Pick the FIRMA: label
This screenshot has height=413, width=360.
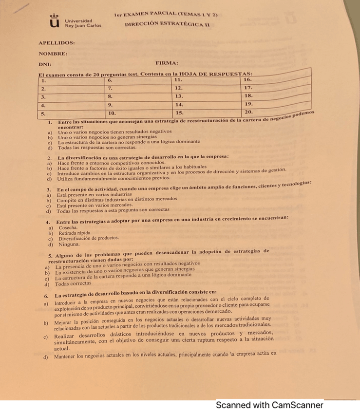166,63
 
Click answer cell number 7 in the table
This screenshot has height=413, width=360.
138,89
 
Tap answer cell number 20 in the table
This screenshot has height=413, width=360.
276,111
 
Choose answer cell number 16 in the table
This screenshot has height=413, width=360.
276,79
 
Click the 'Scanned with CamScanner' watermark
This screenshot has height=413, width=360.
269,405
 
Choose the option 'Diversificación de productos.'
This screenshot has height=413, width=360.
88,239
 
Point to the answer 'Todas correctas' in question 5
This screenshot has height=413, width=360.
73,283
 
